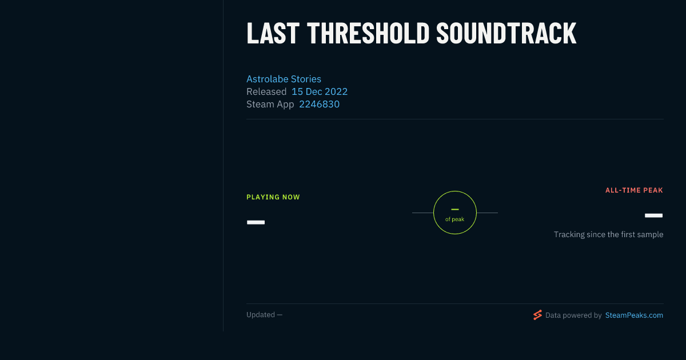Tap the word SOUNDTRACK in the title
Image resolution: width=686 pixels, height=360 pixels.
506,33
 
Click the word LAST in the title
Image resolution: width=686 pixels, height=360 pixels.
273,33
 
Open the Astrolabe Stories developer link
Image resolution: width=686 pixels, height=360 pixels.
284,79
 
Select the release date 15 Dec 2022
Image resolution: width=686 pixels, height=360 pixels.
320,91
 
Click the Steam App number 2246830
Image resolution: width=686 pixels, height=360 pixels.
319,105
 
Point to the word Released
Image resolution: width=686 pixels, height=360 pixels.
266,91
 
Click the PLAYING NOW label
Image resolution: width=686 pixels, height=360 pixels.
273,197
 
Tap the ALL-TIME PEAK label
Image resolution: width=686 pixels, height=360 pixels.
634,190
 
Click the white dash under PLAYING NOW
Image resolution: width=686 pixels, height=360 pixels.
256,222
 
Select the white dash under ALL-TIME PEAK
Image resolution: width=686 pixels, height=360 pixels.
653,215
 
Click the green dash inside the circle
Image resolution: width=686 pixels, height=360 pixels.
455,209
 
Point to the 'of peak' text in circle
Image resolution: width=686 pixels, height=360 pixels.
454,219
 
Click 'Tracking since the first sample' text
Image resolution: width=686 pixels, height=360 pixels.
608,234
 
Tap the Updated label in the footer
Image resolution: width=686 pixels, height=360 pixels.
261,315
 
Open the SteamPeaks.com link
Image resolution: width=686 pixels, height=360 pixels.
634,315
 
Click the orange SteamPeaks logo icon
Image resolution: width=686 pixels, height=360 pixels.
537,315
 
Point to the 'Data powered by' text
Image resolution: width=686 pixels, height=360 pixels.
573,315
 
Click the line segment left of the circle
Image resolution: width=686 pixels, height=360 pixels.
422,213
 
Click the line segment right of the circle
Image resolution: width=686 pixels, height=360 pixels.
487,213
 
